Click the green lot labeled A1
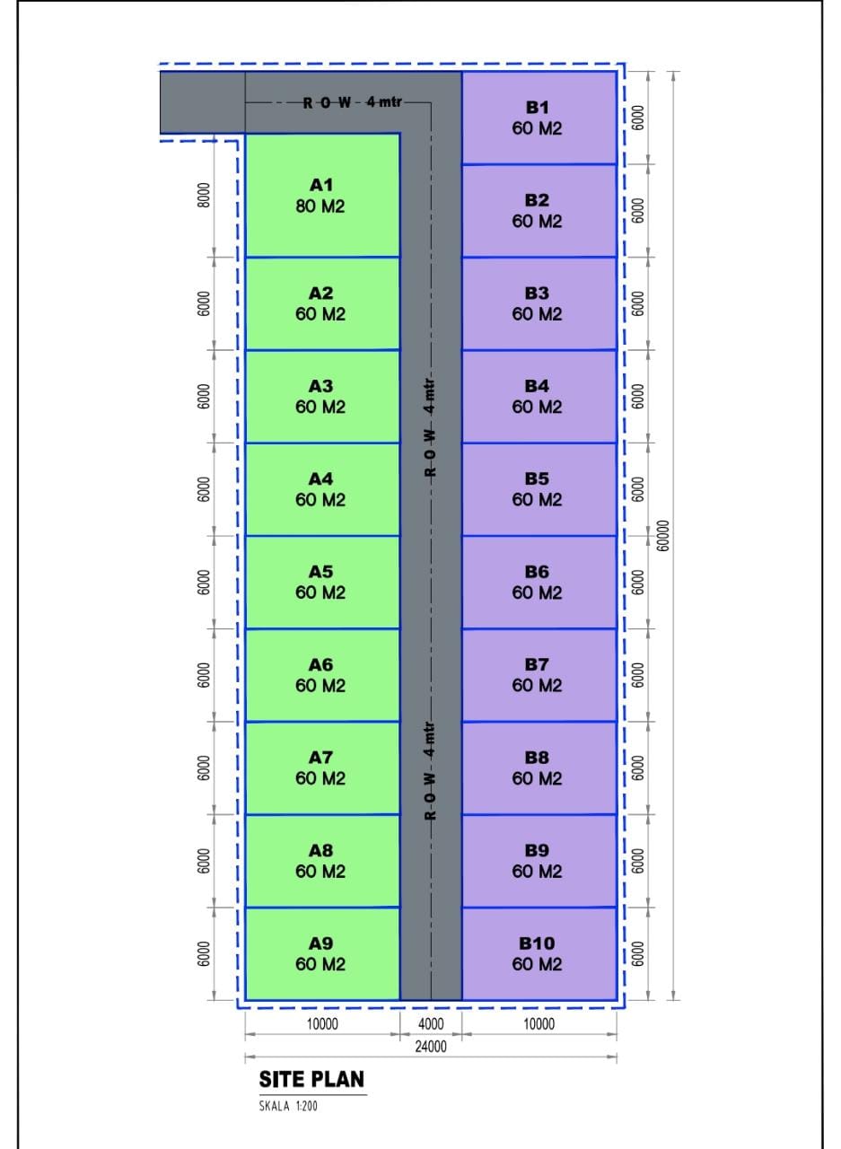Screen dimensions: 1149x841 [321, 196]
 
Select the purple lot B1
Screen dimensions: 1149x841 [537, 118]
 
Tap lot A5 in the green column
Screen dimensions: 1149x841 [321, 582]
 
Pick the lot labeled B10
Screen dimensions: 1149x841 [537, 953]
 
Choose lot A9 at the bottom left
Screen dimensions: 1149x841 [321, 953]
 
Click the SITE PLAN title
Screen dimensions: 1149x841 [311, 1079]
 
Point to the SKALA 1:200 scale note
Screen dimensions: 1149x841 [288, 1105]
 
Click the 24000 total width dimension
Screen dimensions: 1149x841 [431, 1046]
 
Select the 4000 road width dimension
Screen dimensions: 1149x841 [431, 1024]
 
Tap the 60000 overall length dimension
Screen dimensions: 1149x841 [663, 536]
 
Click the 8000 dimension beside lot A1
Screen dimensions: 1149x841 [204, 196]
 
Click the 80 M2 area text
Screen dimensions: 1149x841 [320, 206]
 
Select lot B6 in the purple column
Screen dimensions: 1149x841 [537, 582]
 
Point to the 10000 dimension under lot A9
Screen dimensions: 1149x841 [321, 1024]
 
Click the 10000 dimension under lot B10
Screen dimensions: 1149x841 [539, 1024]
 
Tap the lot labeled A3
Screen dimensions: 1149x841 [321, 396]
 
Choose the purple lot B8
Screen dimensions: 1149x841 [537, 767]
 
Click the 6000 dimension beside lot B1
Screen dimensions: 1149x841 [638, 118]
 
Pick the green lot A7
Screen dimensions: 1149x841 [321, 767]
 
